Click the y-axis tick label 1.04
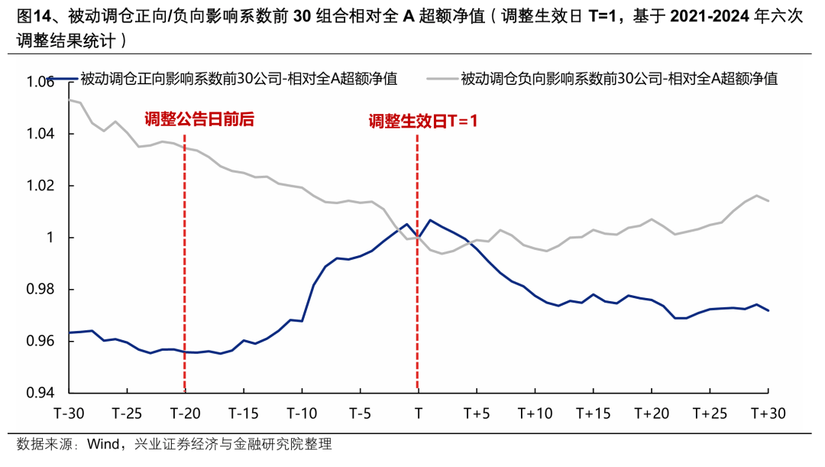40,134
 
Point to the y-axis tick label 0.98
40,290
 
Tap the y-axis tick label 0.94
40,393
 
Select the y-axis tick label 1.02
40,185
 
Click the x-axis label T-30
69,413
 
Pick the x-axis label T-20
185,413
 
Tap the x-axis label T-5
360,413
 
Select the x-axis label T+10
535,413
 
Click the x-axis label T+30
768,413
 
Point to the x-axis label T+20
652,413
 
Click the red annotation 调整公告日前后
199,119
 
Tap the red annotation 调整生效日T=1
423,122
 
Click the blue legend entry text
239,79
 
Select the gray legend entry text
620,79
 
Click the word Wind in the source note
103,444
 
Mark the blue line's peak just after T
430,220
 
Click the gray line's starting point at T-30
70,99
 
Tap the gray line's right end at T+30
768,200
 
